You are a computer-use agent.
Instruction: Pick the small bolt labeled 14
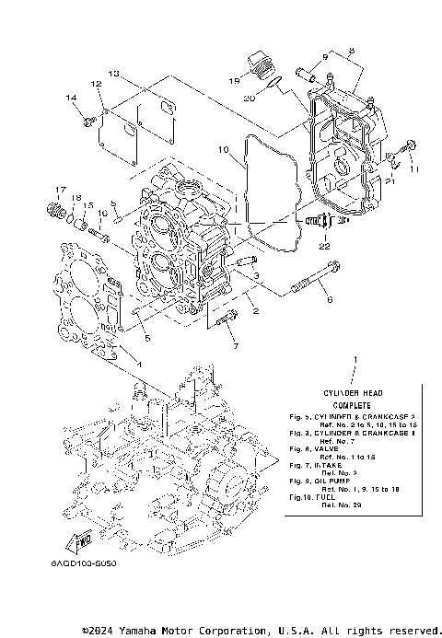click(x=87, y=120)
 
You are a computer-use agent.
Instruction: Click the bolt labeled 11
click(x=410, y=146)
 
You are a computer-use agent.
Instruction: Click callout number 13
click(x=113, y=73)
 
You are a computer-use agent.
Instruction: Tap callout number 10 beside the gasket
click(x=223, y=149)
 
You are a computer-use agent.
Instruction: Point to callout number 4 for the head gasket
click(x=139, y=365)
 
